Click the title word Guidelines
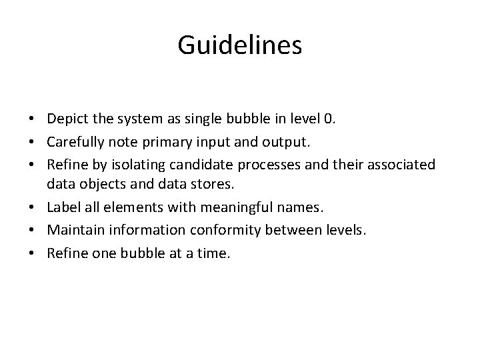pyautogui.click(x=240, y=45)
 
